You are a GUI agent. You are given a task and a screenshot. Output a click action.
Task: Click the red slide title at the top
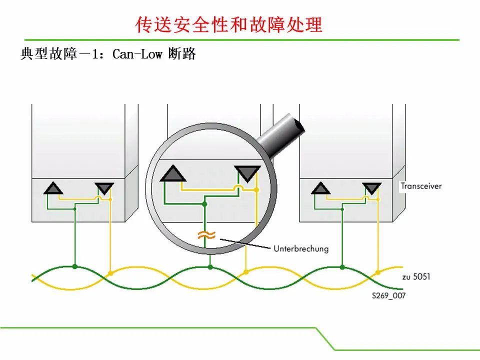tap(228, 24)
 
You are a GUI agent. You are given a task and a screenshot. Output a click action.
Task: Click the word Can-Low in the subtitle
tap(137, 54)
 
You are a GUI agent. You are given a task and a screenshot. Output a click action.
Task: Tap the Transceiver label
tap(421, 186)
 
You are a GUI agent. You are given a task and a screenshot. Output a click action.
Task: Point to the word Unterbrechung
tap(301, 248)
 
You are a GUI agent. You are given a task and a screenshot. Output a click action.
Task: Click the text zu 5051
tap(416, 276)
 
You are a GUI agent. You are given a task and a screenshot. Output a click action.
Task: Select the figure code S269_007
tap(389, 295)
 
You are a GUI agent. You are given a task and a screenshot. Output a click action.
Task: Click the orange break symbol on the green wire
tap(206, 235)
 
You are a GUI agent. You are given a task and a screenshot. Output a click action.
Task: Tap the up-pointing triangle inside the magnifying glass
tap(173, 173)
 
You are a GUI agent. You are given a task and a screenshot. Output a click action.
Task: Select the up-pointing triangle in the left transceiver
tap(53, 188)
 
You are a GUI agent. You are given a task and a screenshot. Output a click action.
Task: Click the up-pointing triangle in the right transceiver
tap(320, 188)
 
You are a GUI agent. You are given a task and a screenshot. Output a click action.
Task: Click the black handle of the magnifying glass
tap(281, 134)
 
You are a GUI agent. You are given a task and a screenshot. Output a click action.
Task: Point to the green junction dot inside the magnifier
tap(205, 204)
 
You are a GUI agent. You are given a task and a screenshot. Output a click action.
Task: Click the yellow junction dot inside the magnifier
tap(256, 190)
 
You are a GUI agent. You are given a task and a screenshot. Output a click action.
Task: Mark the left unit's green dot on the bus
tap(75, 266)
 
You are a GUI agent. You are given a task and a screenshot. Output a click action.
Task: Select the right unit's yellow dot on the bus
tap(378, 272)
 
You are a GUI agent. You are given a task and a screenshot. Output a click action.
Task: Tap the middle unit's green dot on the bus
tap(210, 267)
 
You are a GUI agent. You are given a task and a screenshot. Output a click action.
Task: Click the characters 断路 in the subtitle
tap(182, 54)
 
